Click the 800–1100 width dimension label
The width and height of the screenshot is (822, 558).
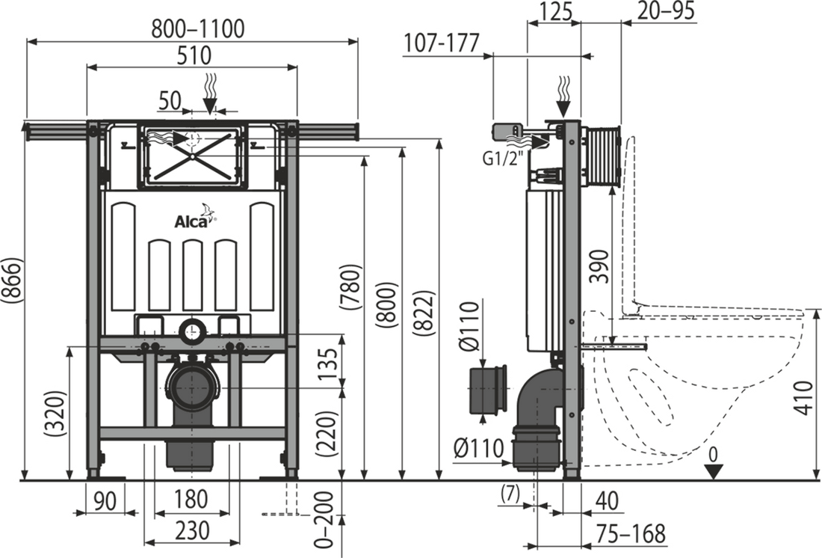click(x=197, y=28)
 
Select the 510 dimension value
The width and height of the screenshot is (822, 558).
click(x=194, y=55)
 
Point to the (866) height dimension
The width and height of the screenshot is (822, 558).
click(x=12, y=280)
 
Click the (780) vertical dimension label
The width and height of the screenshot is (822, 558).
click(x=350, y=288)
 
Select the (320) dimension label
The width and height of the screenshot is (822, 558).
click(x=55, y=414)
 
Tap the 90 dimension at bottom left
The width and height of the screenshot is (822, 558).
click(x=105, y=500)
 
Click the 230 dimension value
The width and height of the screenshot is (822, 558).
click(x=192, y=531)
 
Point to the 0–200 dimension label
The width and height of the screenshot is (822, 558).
click(x=326, y=520)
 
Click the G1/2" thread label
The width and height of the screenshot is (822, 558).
click(x=503, y=159)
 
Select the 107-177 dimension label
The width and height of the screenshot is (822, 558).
click(x=442, y=43)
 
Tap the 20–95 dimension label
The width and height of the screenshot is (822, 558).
click(x=667, y=10)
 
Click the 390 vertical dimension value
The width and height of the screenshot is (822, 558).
click(x=599, y=266)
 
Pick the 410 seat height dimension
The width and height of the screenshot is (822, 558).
click(x=803, y=398)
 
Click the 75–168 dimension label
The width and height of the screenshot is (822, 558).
click(x=631, y=533)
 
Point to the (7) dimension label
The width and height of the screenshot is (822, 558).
click(x=510, y=494)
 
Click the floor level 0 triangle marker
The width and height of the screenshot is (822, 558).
click(x=713, y=471)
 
